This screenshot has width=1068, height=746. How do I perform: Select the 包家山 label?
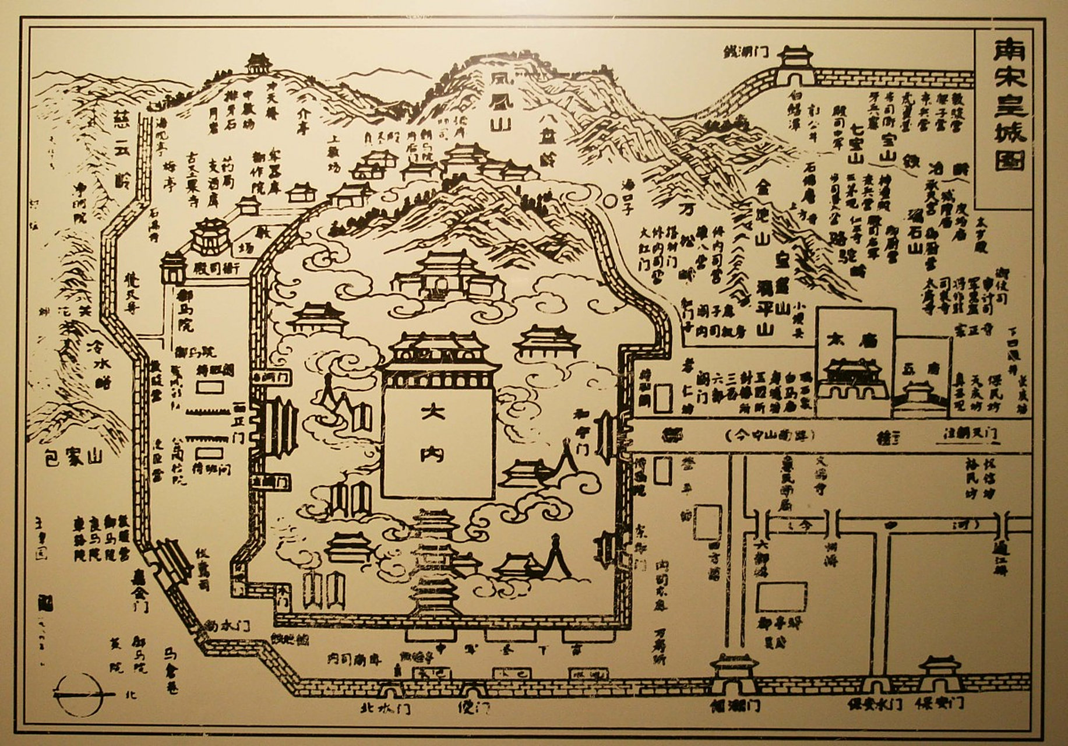(x=73, y=456)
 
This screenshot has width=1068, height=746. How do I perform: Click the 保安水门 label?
(x=874, y=704)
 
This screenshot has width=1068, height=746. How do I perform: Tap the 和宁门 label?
(x=579, y=432)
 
